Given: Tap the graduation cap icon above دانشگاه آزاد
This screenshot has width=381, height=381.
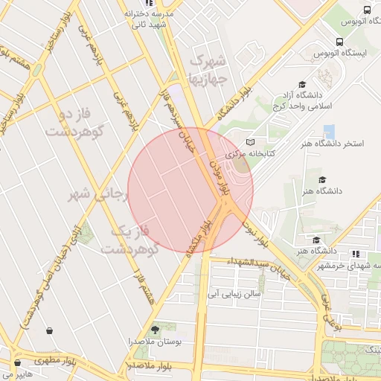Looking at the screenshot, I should (302, 85).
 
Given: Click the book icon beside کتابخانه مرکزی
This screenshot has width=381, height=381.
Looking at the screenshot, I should (250, 141).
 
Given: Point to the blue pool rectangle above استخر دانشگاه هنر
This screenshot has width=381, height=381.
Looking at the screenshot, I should (329, 132).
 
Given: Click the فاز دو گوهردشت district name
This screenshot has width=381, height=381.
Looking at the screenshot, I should (72, 123).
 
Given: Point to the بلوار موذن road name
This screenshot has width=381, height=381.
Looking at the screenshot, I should (236, 176).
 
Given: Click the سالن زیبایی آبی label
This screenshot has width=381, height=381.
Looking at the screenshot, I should (234, 294).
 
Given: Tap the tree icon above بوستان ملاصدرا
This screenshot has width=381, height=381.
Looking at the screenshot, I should (155, 329).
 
